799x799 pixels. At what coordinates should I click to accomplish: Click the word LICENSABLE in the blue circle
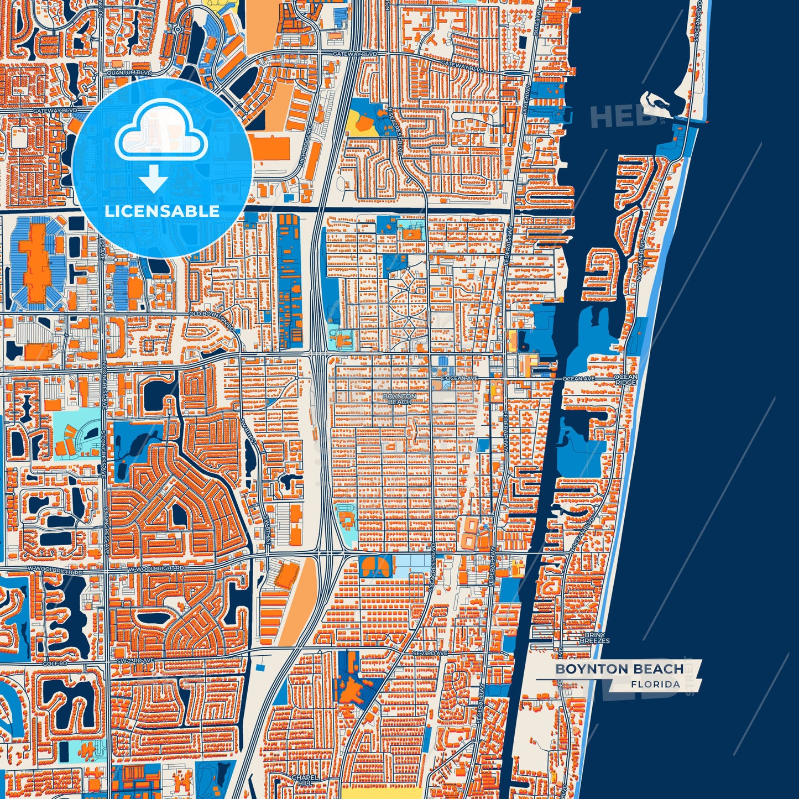tap(161, 211)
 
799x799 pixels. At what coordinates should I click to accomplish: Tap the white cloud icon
tap(161, 131)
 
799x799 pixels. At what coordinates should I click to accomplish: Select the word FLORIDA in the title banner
tap(655, 684)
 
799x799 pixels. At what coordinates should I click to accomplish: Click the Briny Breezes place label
tap(594, 638)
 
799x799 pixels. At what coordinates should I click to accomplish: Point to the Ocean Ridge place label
tap(625, 380)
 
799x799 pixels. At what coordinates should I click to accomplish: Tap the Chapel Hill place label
tap(305, 780)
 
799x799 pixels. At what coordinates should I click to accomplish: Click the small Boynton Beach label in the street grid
tap(399, 399)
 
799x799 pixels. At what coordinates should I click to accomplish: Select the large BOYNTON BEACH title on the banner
tap(619, 669)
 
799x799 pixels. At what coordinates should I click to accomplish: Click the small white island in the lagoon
tap(653, 102)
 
